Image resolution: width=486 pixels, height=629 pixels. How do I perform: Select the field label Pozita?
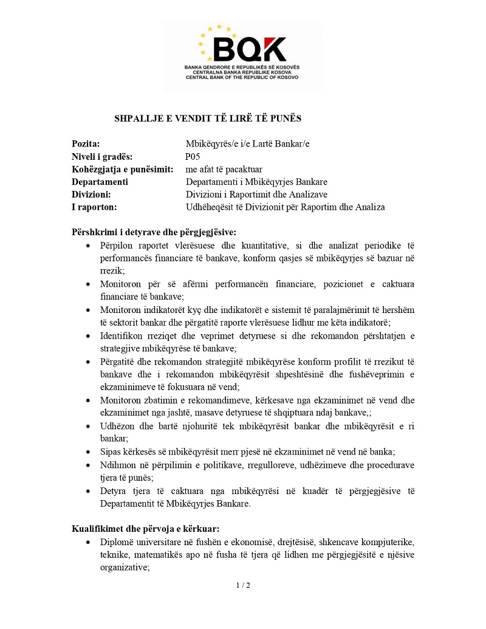click(86, 144)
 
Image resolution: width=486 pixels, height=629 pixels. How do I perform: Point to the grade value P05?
click(193, 157)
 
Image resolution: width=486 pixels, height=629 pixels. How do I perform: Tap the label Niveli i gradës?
click(102, 157)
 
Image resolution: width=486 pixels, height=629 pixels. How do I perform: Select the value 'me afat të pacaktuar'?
click(224, 169)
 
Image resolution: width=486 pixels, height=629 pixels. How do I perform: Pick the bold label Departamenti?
click(100, 182)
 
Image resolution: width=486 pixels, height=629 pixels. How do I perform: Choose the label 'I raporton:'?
click(94, 207)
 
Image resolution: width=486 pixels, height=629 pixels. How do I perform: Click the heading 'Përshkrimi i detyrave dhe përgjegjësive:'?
click(154, 232)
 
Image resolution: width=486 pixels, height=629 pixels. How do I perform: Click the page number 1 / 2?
click(243, 585)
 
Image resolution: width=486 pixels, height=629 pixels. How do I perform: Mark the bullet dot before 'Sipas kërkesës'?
click(89, 452)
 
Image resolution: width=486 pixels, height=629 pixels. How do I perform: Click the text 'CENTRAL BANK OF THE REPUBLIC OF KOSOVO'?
click(243, 77)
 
